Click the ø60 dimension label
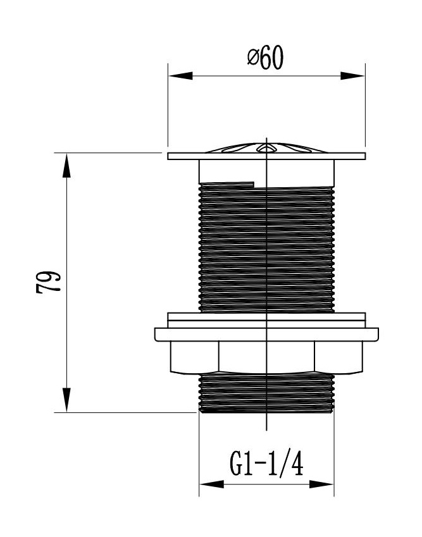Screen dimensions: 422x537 pyautogui.click(x=266, y=58)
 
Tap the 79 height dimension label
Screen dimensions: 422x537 pyautogui.click(x=48, y=282)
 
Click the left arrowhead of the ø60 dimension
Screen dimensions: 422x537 pyautogui.click(x=180, y=76)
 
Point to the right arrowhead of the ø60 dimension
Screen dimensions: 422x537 pyautogui.click(x=352, y=76)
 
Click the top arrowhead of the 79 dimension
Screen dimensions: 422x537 pyautogui.click(x=66, y=165)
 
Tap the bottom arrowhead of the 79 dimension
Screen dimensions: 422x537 pyautogui.click(x=66, y=400)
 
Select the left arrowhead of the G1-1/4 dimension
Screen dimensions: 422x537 pyautogui.click(x=212, y=485)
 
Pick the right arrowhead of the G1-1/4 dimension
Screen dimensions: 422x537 pyautogui.click(x=321, y=485)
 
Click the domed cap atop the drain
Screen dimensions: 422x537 pyautogui.click(x=266, y=148)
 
